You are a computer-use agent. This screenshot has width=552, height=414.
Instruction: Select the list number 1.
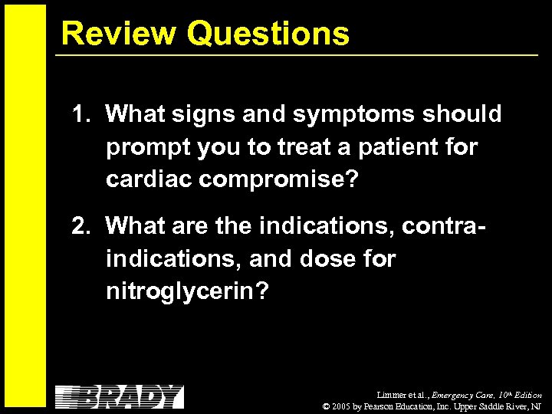tap(80, 115)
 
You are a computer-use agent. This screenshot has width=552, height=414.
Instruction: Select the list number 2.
tap(80, 226)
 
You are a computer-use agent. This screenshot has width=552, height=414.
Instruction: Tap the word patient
tap(396, 147)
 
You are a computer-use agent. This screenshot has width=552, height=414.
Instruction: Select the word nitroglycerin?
tap(188, 292)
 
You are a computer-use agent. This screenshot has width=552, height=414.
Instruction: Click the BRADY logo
tap(120, 396)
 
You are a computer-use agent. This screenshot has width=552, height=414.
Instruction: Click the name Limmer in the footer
tap(388, 395)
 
